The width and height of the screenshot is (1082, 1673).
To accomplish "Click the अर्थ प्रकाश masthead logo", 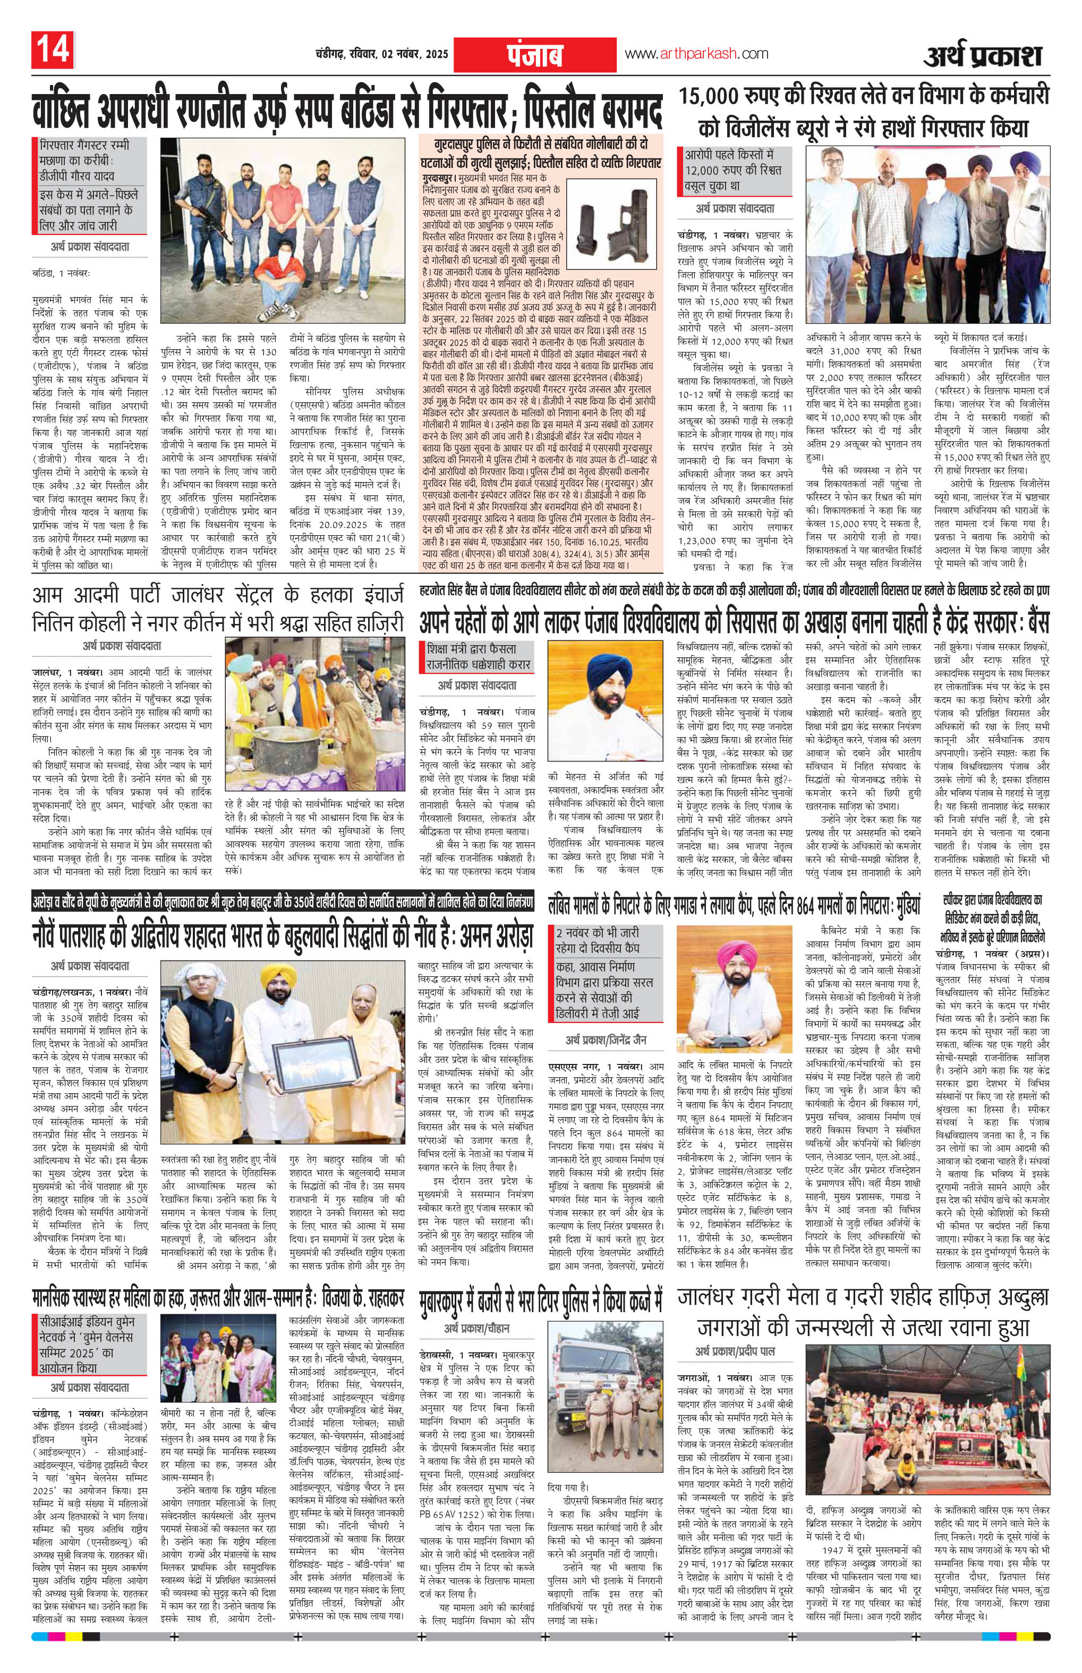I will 982,54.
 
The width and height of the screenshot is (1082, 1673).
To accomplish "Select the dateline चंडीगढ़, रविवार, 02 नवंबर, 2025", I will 378,55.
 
